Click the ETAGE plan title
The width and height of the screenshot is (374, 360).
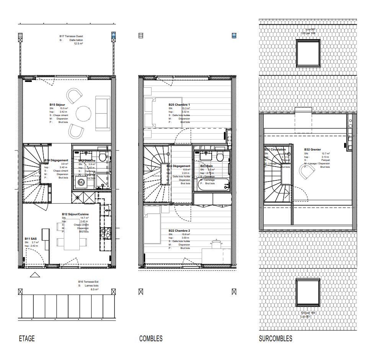(x=27, y=339)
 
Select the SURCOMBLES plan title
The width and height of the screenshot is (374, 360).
(x=275, y=339)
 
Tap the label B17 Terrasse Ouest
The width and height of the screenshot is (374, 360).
(x=74, y=36)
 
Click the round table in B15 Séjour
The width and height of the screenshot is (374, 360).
(x=84, y=113)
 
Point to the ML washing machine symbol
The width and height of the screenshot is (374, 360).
(x=81, y=182)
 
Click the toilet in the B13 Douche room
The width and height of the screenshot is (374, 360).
(x=102, y=156)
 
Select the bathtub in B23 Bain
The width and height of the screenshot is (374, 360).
(x=212, y=184)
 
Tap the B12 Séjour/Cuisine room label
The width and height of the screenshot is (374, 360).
(x=76, y=214)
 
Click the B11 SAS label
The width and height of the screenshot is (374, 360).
(x=31, y=238)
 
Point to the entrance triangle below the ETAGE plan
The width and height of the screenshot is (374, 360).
(x=35, y=274)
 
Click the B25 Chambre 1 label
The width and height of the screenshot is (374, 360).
(x=179, y=105)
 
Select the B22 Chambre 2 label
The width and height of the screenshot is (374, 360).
(x=179, y=231)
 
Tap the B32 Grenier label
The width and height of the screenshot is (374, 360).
(x=312, y=150)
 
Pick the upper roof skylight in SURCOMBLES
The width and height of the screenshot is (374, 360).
(x=309, y=53)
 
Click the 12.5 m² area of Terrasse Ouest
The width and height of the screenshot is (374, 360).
(x=78, y=44)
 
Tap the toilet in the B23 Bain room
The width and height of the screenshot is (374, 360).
(x=220, y=157)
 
